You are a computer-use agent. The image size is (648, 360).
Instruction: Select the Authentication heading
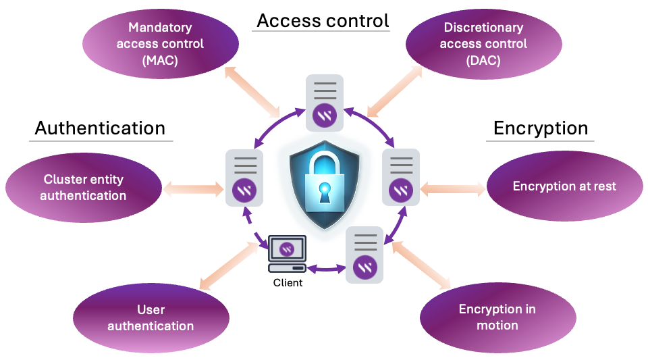coord(100,128)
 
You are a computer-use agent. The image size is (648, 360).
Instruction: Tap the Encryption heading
coord(541,128)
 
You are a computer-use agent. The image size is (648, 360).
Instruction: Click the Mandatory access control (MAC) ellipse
coord(161,43)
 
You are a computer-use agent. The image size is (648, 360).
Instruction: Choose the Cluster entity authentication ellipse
coord(83,188)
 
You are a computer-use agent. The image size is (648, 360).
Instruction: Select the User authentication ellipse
coord(151,318)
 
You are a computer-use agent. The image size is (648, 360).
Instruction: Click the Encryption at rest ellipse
coord(564,186)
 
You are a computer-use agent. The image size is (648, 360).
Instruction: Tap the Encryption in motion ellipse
coord(497,317)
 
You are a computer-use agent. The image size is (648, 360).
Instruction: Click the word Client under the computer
coord(288,282)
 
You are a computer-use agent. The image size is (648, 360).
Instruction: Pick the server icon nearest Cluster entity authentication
coord(244,178)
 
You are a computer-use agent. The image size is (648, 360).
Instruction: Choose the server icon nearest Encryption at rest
coord(402,177)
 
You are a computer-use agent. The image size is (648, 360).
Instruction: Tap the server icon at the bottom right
coord(365,255)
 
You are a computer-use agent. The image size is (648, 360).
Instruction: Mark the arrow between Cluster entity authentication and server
coord(193,186)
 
